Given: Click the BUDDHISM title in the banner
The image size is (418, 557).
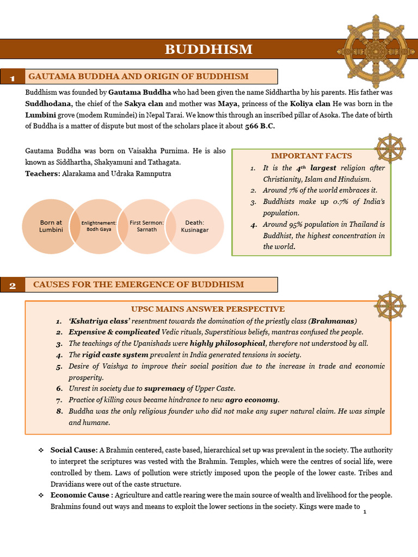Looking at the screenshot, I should click(208, 49).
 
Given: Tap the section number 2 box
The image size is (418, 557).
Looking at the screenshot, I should click(12, 286).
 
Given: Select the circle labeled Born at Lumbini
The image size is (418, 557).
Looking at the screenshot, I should click(51, 226).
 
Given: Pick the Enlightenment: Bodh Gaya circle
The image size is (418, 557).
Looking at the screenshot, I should click(99, 226).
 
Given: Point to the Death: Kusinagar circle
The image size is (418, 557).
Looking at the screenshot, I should click(194, 226).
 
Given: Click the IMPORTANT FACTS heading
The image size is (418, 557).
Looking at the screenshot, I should click(311, 156).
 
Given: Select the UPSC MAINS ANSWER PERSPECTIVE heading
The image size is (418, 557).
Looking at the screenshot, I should click(208, 309).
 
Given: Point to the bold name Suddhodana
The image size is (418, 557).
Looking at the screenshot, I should click(48, 103).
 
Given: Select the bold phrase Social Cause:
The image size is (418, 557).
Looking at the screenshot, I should click(74, 450).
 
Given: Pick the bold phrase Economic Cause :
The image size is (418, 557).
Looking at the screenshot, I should click(82, 495).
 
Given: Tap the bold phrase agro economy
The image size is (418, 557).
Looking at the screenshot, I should click(252, 399).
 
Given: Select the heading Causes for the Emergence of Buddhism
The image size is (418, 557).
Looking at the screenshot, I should click(138, 284).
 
